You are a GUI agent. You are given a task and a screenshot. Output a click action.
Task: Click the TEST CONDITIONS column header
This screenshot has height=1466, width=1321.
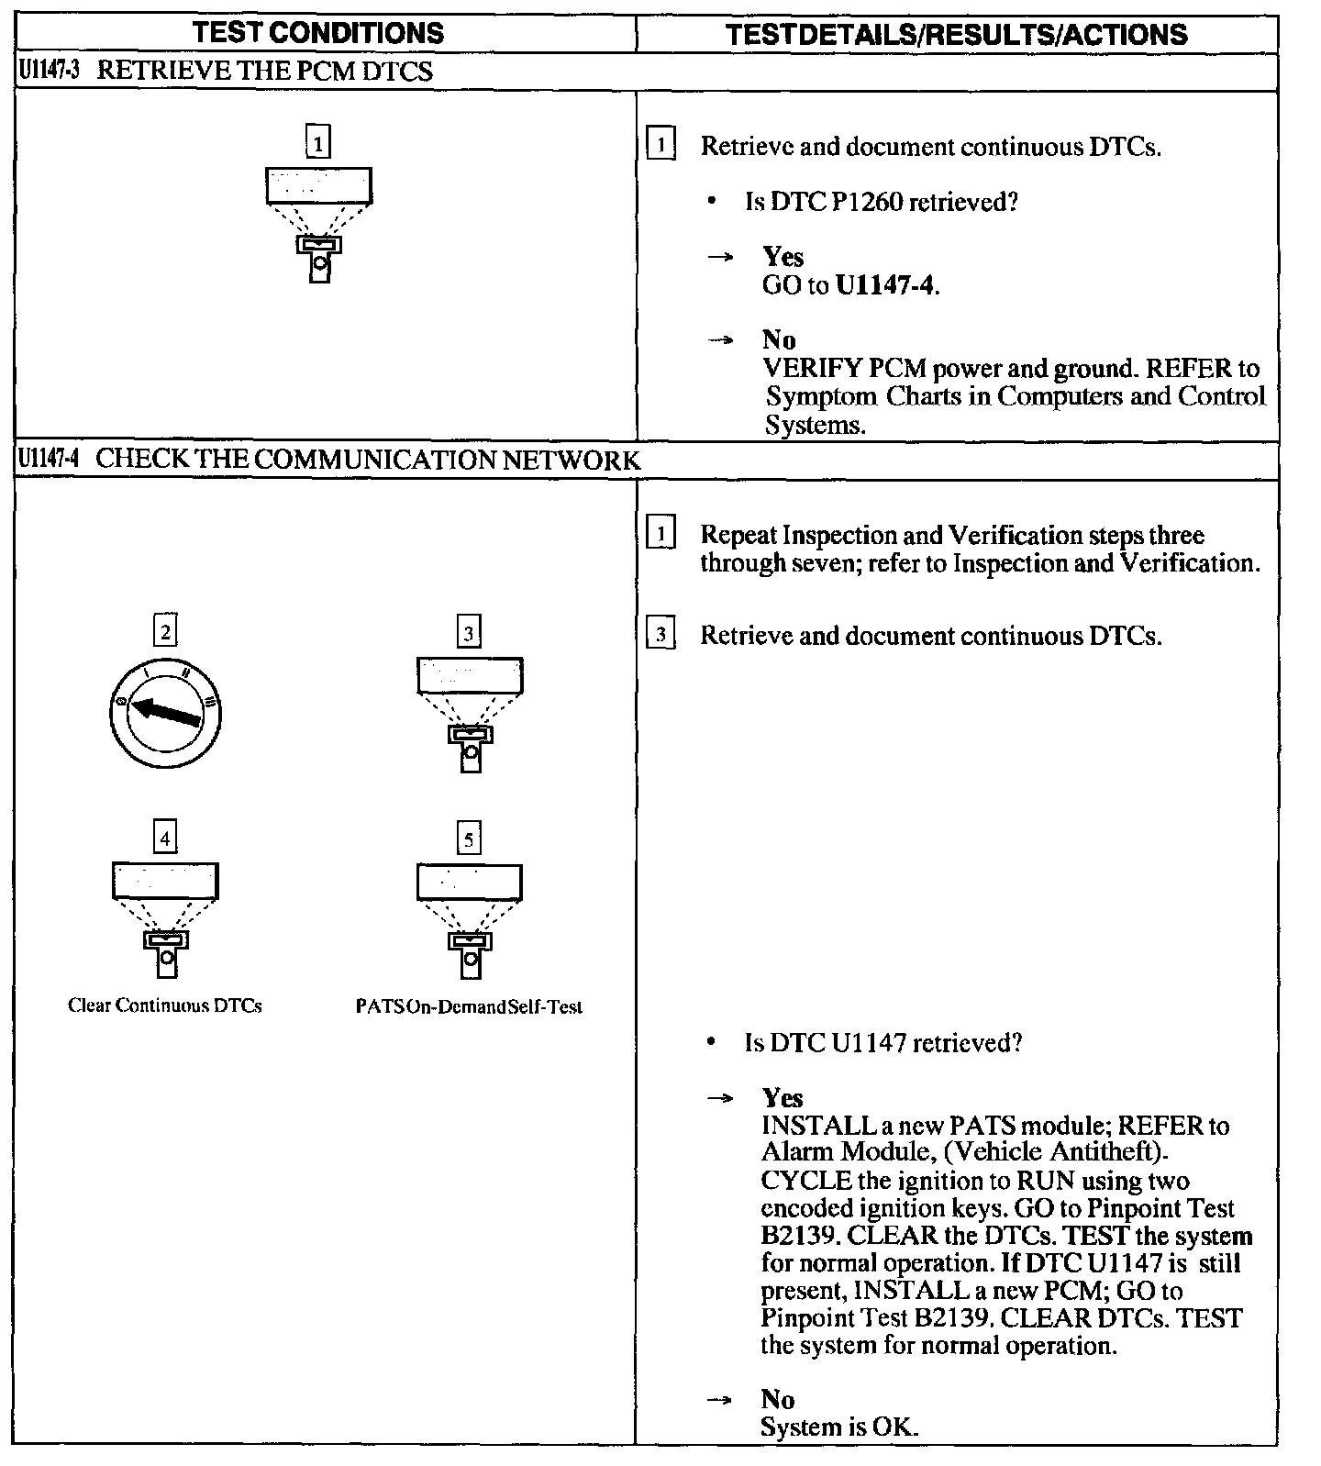318,34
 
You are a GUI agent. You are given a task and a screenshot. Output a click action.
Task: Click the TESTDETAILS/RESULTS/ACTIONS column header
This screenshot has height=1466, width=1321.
956,35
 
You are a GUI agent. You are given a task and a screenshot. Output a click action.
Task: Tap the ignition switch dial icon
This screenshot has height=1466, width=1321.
164,712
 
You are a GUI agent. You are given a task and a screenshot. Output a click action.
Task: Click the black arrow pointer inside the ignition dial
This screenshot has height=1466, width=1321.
166,711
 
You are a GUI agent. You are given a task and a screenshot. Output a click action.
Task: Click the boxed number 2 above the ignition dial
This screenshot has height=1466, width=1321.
165,631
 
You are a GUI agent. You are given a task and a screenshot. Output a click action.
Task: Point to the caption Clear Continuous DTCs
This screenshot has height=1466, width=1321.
165,1005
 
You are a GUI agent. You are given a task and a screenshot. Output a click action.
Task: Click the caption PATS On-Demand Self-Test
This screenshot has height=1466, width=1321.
469,1006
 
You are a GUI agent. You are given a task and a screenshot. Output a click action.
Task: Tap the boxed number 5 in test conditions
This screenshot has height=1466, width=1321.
469,839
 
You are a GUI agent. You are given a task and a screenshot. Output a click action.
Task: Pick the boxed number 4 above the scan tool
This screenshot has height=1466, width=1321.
165,839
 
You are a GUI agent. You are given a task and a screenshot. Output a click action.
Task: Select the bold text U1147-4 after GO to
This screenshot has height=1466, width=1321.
886,285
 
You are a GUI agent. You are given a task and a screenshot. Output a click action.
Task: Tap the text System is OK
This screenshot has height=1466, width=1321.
838,1427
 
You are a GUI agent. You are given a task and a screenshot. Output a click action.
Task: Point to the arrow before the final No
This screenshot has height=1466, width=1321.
721,1400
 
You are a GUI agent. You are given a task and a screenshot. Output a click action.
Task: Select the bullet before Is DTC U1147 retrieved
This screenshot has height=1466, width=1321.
712,1043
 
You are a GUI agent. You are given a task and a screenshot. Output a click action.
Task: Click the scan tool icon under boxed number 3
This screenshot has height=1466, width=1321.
470,714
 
